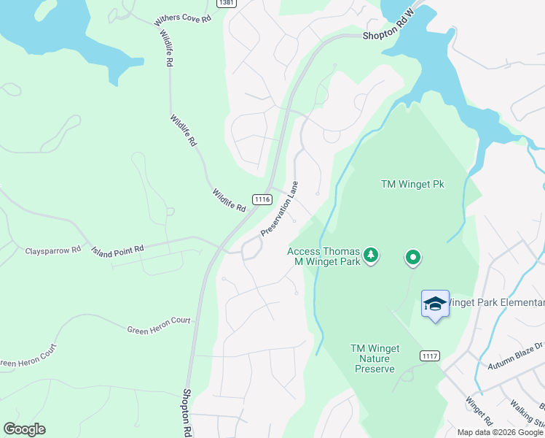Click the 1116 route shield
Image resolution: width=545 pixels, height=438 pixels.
point(262,199)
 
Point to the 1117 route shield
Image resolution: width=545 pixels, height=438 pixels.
point(429,356)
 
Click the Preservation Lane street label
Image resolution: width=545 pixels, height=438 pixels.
point(280,209)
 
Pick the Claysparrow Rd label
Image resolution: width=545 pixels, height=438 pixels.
point(53,250)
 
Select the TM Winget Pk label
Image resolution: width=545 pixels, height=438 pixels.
point(412,184)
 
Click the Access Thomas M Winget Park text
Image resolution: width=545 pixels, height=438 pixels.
point(325,255)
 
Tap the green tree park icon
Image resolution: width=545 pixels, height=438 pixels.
point(372,255)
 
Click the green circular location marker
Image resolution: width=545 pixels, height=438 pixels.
point(413,257)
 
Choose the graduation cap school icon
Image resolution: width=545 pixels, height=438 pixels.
point(435,304)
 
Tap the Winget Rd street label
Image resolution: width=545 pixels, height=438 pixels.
point(478,410)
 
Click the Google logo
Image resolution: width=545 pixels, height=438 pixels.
point(24,429)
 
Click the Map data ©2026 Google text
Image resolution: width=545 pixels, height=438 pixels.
point(500,432)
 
